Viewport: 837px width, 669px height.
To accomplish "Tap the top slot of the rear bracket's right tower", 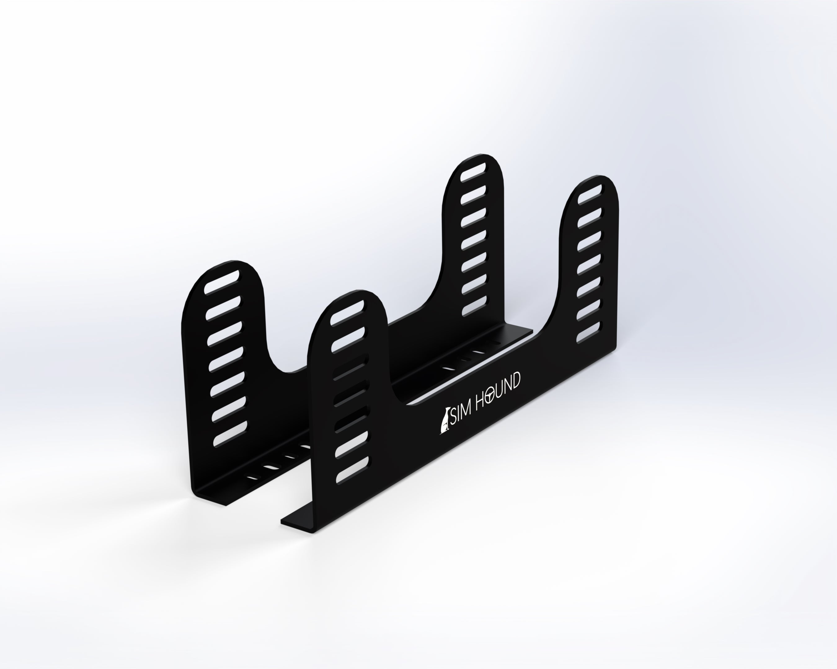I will point(473,171).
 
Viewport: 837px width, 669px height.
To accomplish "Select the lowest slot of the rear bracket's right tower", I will point(474,306).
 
